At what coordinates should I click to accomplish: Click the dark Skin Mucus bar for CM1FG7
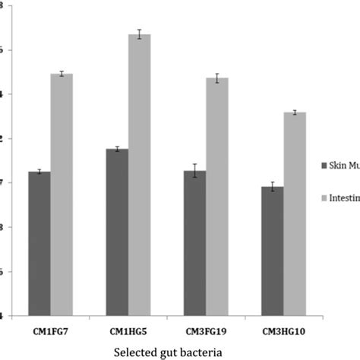click(39, 243)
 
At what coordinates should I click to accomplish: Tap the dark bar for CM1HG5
click(117, 232)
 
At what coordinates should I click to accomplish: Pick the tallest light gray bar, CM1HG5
click(140, 175)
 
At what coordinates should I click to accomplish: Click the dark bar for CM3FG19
click(194, 243)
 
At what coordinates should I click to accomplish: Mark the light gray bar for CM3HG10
click(295, 213)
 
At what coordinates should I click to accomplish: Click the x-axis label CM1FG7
click(50, 331)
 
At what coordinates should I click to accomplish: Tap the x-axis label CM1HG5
click(128, 331)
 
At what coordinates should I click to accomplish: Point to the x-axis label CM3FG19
click(206, 331)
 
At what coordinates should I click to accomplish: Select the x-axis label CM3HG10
click(283, 331)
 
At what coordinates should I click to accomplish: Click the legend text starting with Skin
click(343, 164)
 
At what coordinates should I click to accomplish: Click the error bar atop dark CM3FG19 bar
click(194, 171)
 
